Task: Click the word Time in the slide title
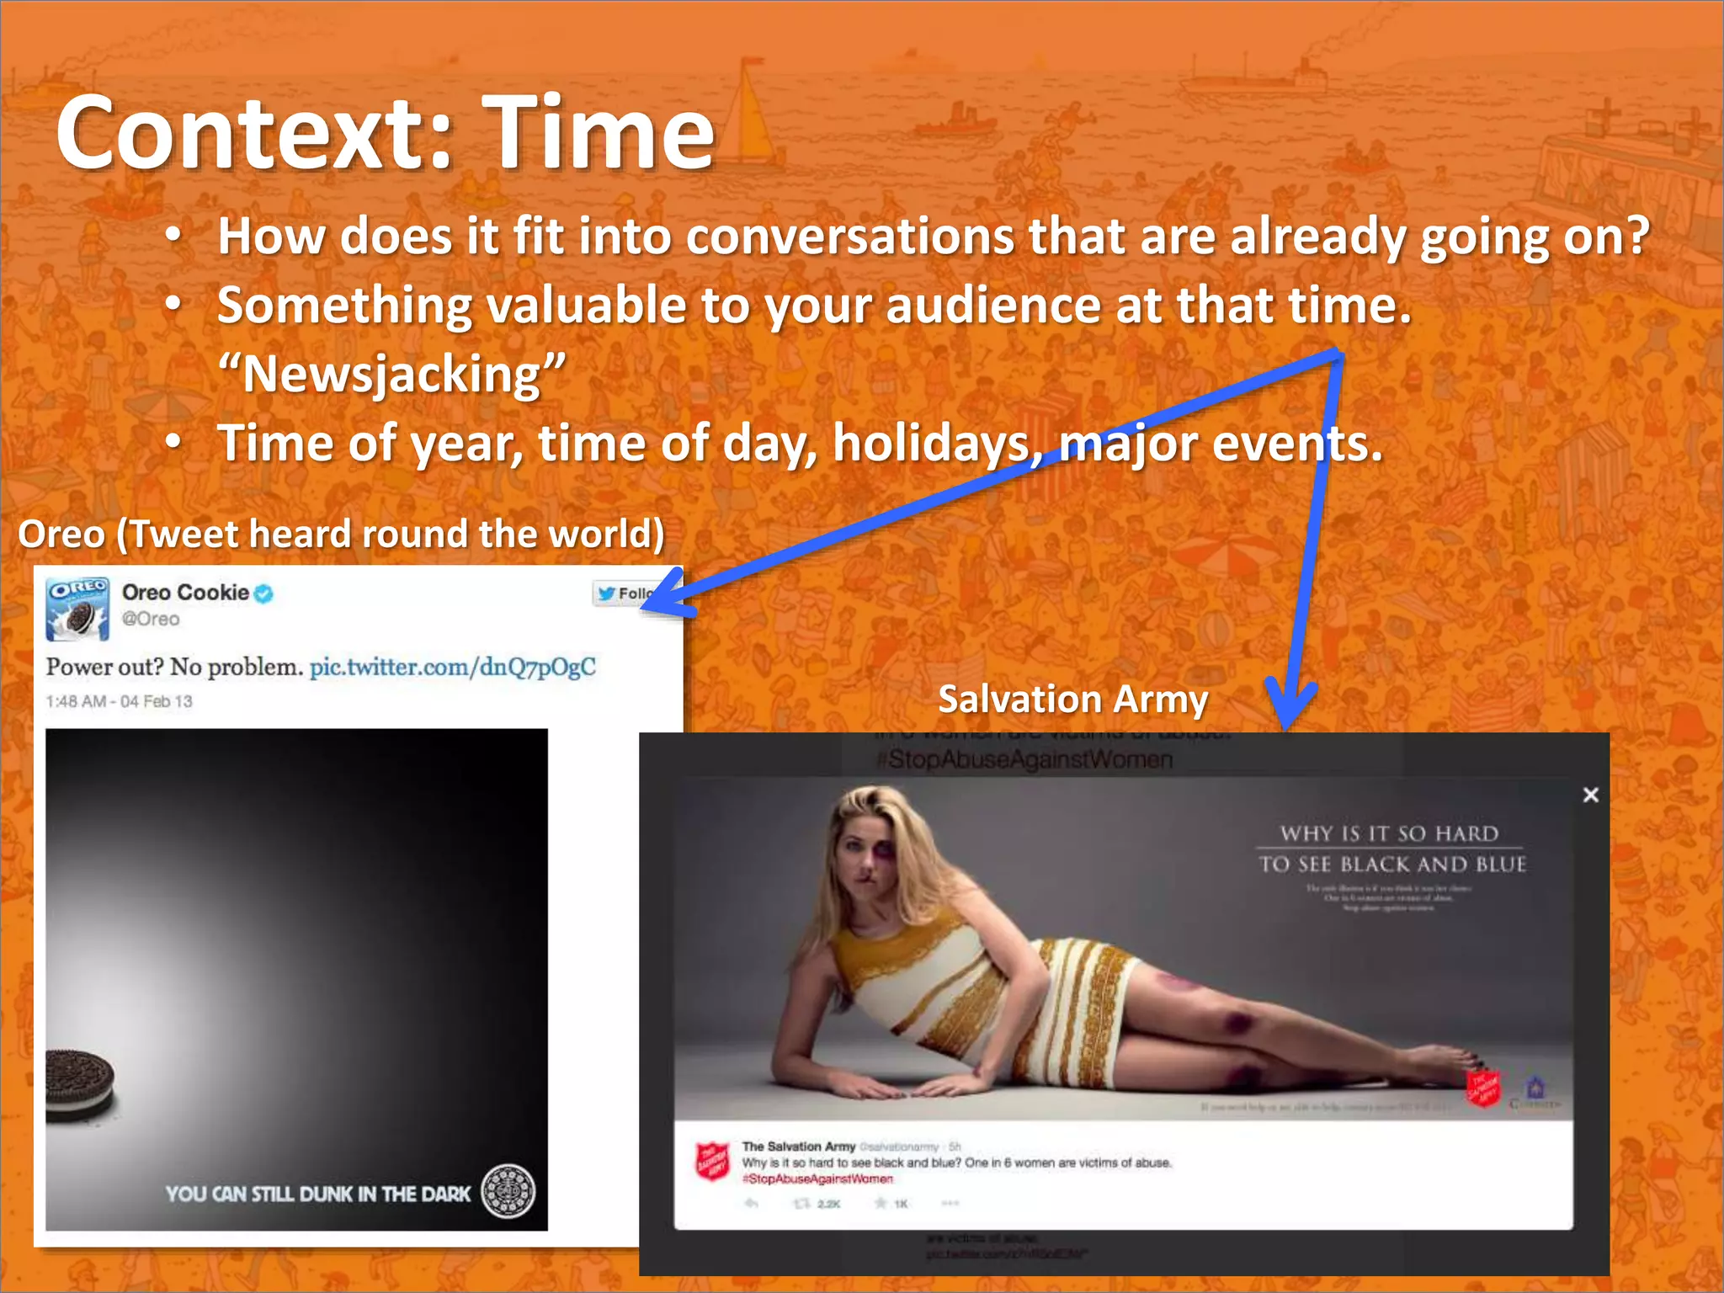[599, 133]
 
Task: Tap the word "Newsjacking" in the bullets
[391, 374]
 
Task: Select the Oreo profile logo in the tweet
[77, 609]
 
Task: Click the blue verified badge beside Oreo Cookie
[263, 593]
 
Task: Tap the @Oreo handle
[151, 619]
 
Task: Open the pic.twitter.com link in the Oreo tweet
[453, 667]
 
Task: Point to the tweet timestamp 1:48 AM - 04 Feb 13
[119, 701]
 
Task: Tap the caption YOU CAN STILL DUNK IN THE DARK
[318, 1194]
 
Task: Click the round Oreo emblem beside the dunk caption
[508, 1191]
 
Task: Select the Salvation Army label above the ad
[1072, 700]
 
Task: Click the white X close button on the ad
[1590, 795]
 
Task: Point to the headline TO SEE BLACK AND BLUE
[1392, 865]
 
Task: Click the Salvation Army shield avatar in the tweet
[712, 1163]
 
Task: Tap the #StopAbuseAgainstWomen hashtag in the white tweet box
[817, 1179]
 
